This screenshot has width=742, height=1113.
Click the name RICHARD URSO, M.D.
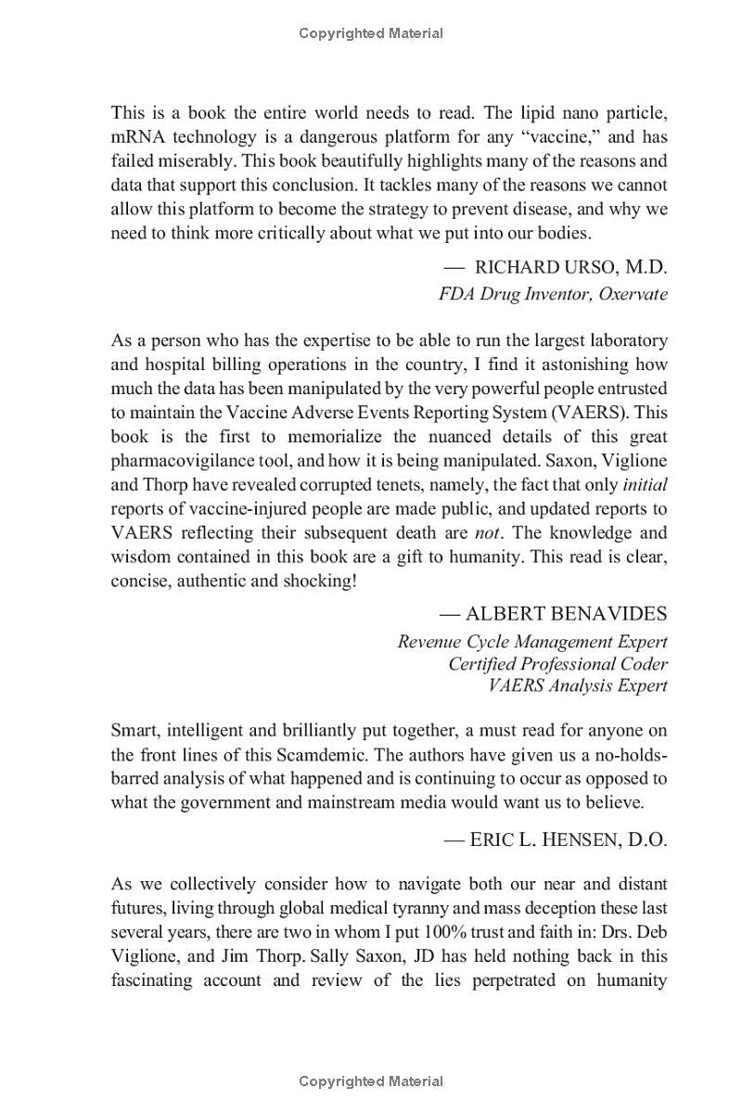[x=570, y=267]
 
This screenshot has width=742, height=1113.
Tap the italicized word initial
[x=645, y=484]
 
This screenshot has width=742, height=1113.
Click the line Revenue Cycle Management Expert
[x=532, y=642]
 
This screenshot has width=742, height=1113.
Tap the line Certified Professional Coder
[x=557, y=664]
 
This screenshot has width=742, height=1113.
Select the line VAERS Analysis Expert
[x=577, y=686]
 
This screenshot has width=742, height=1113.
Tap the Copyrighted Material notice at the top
[x=371, y=33]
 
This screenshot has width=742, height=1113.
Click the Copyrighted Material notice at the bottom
[x=371, y=1081]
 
